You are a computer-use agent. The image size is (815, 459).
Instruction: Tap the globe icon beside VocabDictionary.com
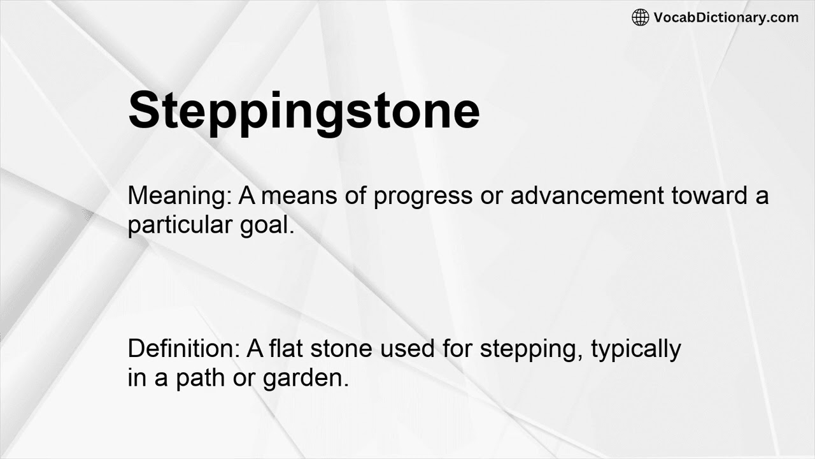(x=640, y=17)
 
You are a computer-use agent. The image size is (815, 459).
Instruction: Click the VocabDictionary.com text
(x=726, y=17)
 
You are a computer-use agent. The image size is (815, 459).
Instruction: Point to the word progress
(x=423, y=196)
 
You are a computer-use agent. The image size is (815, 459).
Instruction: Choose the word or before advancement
(x=491, y=196)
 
